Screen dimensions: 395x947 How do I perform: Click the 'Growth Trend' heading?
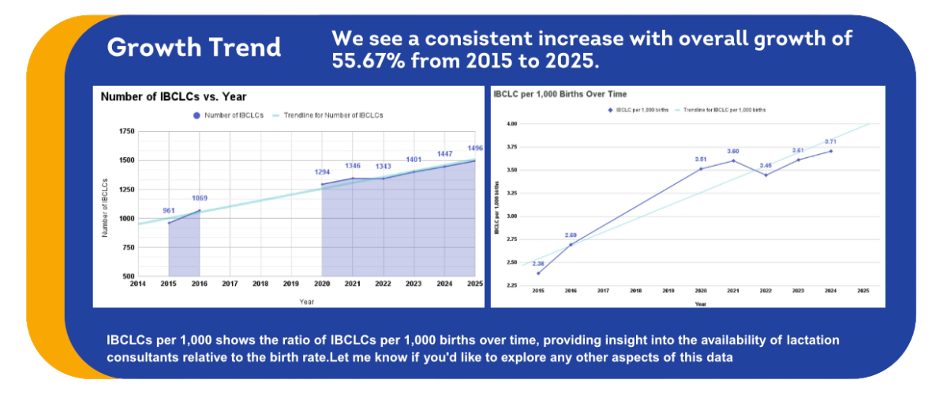[x=194, y=47]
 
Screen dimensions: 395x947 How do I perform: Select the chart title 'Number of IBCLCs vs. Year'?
[x=174, y=96]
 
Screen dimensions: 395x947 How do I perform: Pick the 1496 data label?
[x=474, y=149]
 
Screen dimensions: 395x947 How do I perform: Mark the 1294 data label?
[x=322, y=172]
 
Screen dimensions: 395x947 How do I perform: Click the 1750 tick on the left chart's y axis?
[x=125, y=131]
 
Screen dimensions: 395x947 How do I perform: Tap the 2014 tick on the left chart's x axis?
[x=138, y=284]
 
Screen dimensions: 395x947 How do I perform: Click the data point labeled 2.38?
[x=538, y=273]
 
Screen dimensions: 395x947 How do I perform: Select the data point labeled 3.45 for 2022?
[x=765, y=175]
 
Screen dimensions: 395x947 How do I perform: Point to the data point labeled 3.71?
[x=831, y=151]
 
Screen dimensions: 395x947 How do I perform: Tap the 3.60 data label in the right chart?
[x=733, y=151]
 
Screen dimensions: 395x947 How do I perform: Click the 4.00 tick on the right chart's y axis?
[x=511, y=124]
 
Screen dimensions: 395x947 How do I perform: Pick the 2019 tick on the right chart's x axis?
[x=668, y=291]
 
